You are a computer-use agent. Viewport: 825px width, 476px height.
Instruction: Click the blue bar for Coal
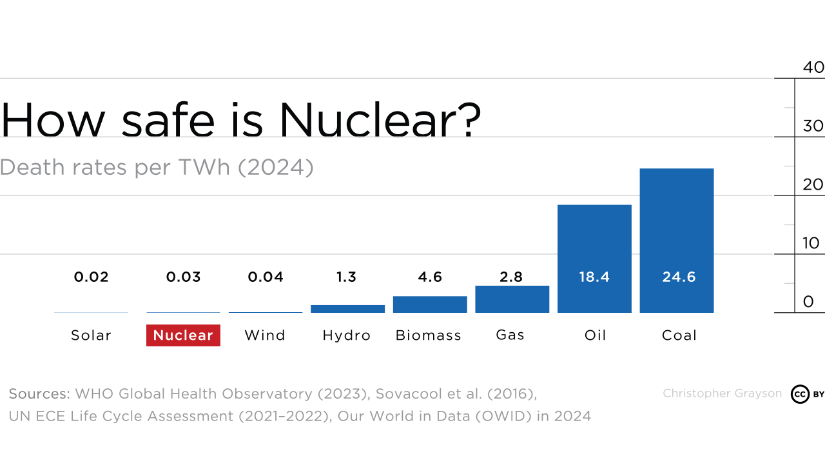pyautogui.click(x=676, y=240)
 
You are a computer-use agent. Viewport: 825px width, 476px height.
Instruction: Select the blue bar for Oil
pyautogui.click(x=594, y=258)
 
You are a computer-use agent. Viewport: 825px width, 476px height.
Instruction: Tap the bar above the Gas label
pyautogui.click(x=512, y=299)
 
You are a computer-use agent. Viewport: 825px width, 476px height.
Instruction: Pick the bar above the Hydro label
pyautogui.click(x=347, y=309)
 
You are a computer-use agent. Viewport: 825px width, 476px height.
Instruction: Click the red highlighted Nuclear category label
pyautogui.click(x=183, y=335)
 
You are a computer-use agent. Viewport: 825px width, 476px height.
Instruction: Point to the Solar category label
pyautogui.click(x=91, y=335)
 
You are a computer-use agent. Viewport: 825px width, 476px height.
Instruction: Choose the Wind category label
pyautogui.click(x=265, y=335)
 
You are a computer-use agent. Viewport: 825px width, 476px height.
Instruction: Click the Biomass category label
pyautogui.click(x=429, y=335)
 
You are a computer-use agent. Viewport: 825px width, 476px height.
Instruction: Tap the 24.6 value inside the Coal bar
pyautogui.click(x=679, y=277)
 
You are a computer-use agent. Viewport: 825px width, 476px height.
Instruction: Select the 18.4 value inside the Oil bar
pyautogui.click(x=594, y=277)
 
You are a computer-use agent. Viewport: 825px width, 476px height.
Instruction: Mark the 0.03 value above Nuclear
pyautogui.click(x=183, y=277)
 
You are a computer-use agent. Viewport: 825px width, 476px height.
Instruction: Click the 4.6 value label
pyautogui.click(x=430, y=277)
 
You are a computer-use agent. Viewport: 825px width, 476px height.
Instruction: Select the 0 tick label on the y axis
pyautogui.click(x=808, y=302)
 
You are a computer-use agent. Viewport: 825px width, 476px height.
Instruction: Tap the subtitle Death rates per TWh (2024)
pyautogui.click(x=157, y=167)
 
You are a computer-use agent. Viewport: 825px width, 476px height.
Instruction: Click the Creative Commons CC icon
pyautogui.click(x=800, y=394)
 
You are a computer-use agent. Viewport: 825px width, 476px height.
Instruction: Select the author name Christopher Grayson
pyautogui.click(x=722, y=393)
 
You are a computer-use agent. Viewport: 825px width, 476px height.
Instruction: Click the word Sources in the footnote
pyautogui.click(x=39, y=393)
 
